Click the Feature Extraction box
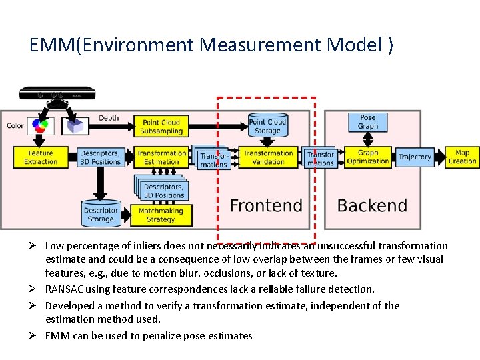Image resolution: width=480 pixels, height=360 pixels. pyautogui.click(x=41, y=157)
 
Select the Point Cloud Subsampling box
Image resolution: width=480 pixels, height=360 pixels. pyautogui.click(x=161, y=127)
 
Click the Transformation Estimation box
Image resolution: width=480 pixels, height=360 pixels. pyautogui.click(x=161, y=157)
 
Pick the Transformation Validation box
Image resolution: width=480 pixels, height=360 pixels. pyautogui.click(x=268, y=157)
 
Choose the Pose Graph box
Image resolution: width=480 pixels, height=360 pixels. pyautogui.click(x=367, y=122)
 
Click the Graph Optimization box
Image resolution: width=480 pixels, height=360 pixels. pyautogui.click(x=368, y=157)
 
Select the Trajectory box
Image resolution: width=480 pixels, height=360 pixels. pyautogui.click(x=415, y=157)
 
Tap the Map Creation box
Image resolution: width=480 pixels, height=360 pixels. pyautogui.click(x=462, y=157)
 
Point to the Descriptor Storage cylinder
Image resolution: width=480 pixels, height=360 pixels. pyautogui.click(x=100, y=213)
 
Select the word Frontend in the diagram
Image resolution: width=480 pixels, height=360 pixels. pyautogui.click(x=266, y=205)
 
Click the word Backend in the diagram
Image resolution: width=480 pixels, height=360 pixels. pyautogui.click(x=372, y=205)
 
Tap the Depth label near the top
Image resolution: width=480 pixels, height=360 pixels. pyautogui.click(x=109, y=118)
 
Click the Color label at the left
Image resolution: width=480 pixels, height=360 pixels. pyautogui.click(x=15, y=125)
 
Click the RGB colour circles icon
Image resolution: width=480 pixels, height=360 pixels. pyautogui.click(x=41, y=124)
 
